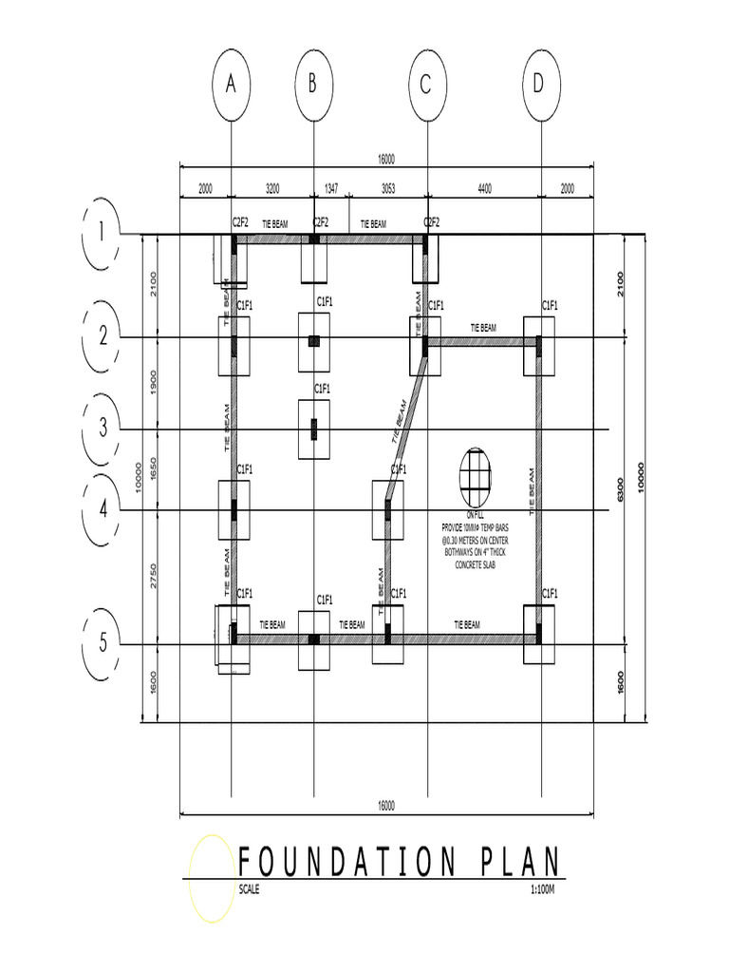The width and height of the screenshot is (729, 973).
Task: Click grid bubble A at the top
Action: (231, 85)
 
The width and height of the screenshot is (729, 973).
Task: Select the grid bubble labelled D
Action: (540, 85)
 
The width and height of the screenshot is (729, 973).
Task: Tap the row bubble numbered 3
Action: (103, 429)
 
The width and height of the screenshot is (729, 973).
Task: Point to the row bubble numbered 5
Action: (103, 644)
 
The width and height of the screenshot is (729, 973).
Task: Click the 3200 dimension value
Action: (272, 189)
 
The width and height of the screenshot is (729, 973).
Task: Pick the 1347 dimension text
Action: (331, 189)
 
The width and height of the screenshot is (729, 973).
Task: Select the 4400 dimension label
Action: (484, 189)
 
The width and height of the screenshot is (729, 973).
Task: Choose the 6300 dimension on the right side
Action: (621, 491)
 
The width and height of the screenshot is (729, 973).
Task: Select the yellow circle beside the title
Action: (211, 879)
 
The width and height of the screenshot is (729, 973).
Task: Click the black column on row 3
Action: (315, 429)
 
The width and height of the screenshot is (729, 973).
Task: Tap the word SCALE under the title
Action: (249, 890)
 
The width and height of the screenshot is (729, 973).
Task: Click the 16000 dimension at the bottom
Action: (385, 806)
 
